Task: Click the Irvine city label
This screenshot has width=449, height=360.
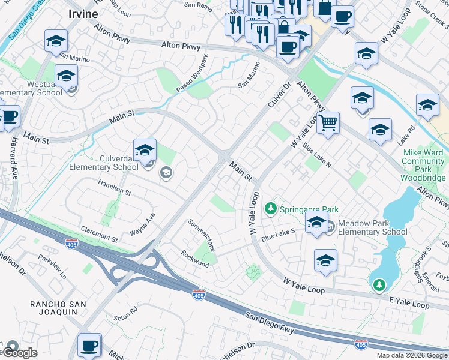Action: click(82, 14)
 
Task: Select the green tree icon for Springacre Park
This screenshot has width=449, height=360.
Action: click(271, 209)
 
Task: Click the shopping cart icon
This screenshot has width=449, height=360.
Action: click(328, 123)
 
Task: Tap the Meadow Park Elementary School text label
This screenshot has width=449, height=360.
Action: click(372, 227)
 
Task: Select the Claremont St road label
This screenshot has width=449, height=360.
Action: click(97, 234)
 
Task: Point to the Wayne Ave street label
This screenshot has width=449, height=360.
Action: click(143, 225)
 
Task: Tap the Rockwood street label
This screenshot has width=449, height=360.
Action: click(195, 259)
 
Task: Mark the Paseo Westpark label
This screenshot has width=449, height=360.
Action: click(192, 74)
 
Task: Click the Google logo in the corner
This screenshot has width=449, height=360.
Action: click(19, 353)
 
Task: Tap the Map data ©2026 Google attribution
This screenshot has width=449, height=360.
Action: click(412, 355)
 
